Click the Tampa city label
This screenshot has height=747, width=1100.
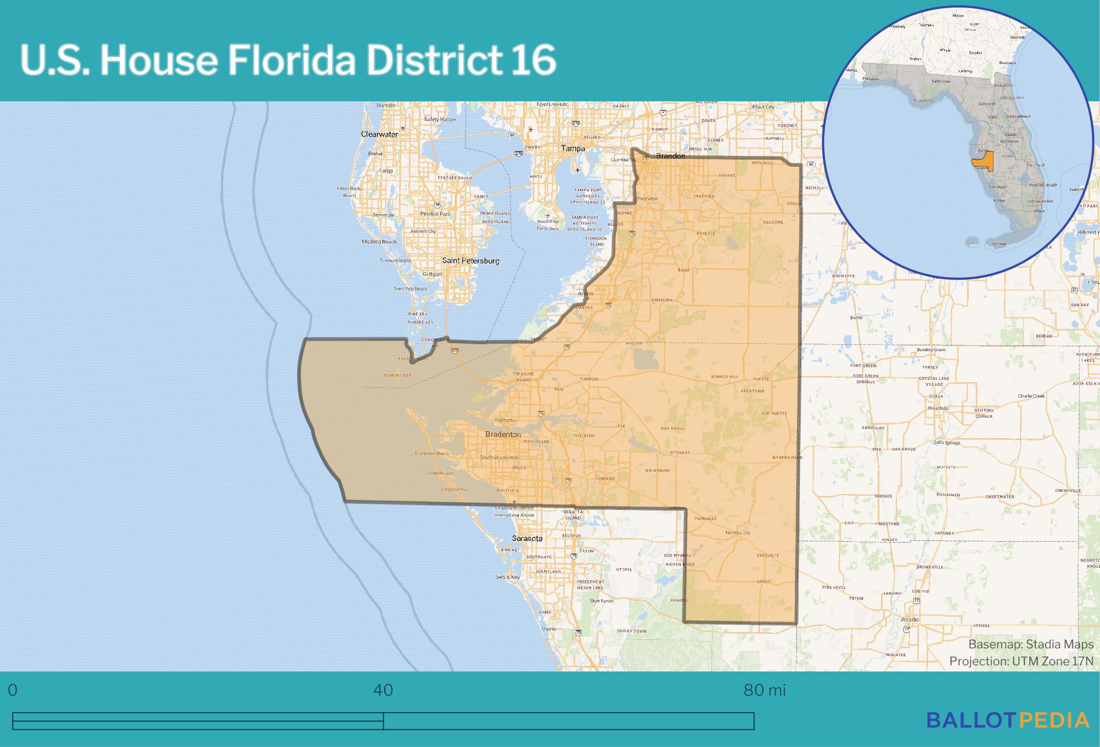pos(572,149)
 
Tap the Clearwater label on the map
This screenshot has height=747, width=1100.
pos(379,134)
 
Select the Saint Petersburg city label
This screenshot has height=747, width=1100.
pos(471,261)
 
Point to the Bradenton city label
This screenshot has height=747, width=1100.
pos(503,434)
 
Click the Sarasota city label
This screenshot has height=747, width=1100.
pos(527,538)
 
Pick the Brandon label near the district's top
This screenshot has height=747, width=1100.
pos(670,156)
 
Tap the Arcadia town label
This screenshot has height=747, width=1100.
pos(909,619)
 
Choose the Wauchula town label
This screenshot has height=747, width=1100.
pos(938,408)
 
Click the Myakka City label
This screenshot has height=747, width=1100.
pos(738,532)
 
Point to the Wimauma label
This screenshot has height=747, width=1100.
pos(661,300)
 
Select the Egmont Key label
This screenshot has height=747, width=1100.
pos(397,375)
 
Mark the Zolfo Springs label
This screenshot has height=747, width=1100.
pos(946,443)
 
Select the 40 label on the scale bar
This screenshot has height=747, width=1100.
pos(383,690)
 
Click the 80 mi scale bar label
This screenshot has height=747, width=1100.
pos(764,690)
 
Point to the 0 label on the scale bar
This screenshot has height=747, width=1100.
pos(13,690)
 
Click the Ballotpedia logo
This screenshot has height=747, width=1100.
pos(1008,720)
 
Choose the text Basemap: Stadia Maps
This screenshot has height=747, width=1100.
pos(1031,644)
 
